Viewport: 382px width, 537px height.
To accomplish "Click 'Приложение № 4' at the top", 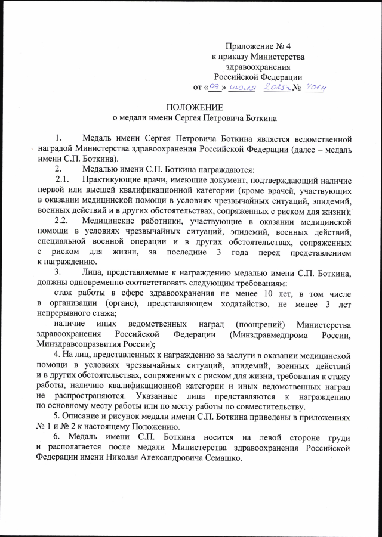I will (x=258, y=46).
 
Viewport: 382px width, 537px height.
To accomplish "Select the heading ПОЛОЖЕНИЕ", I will (x=195, y=108).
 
